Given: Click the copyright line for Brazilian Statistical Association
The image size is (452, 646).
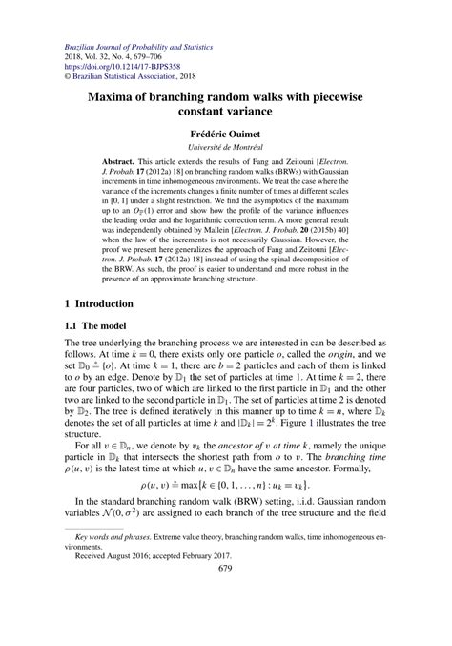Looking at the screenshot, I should pos(128,78).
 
